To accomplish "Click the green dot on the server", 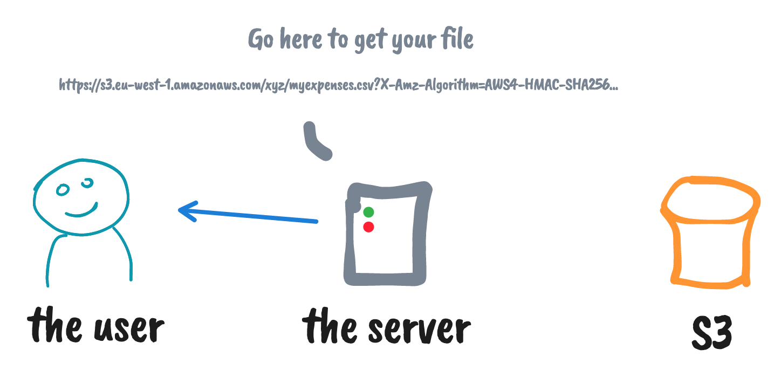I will [x=368, y=212].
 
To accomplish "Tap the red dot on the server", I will [x=368, y=227].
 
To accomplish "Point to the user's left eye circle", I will [x=63, y=190].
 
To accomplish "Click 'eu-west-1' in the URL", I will [x=142, y=85].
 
